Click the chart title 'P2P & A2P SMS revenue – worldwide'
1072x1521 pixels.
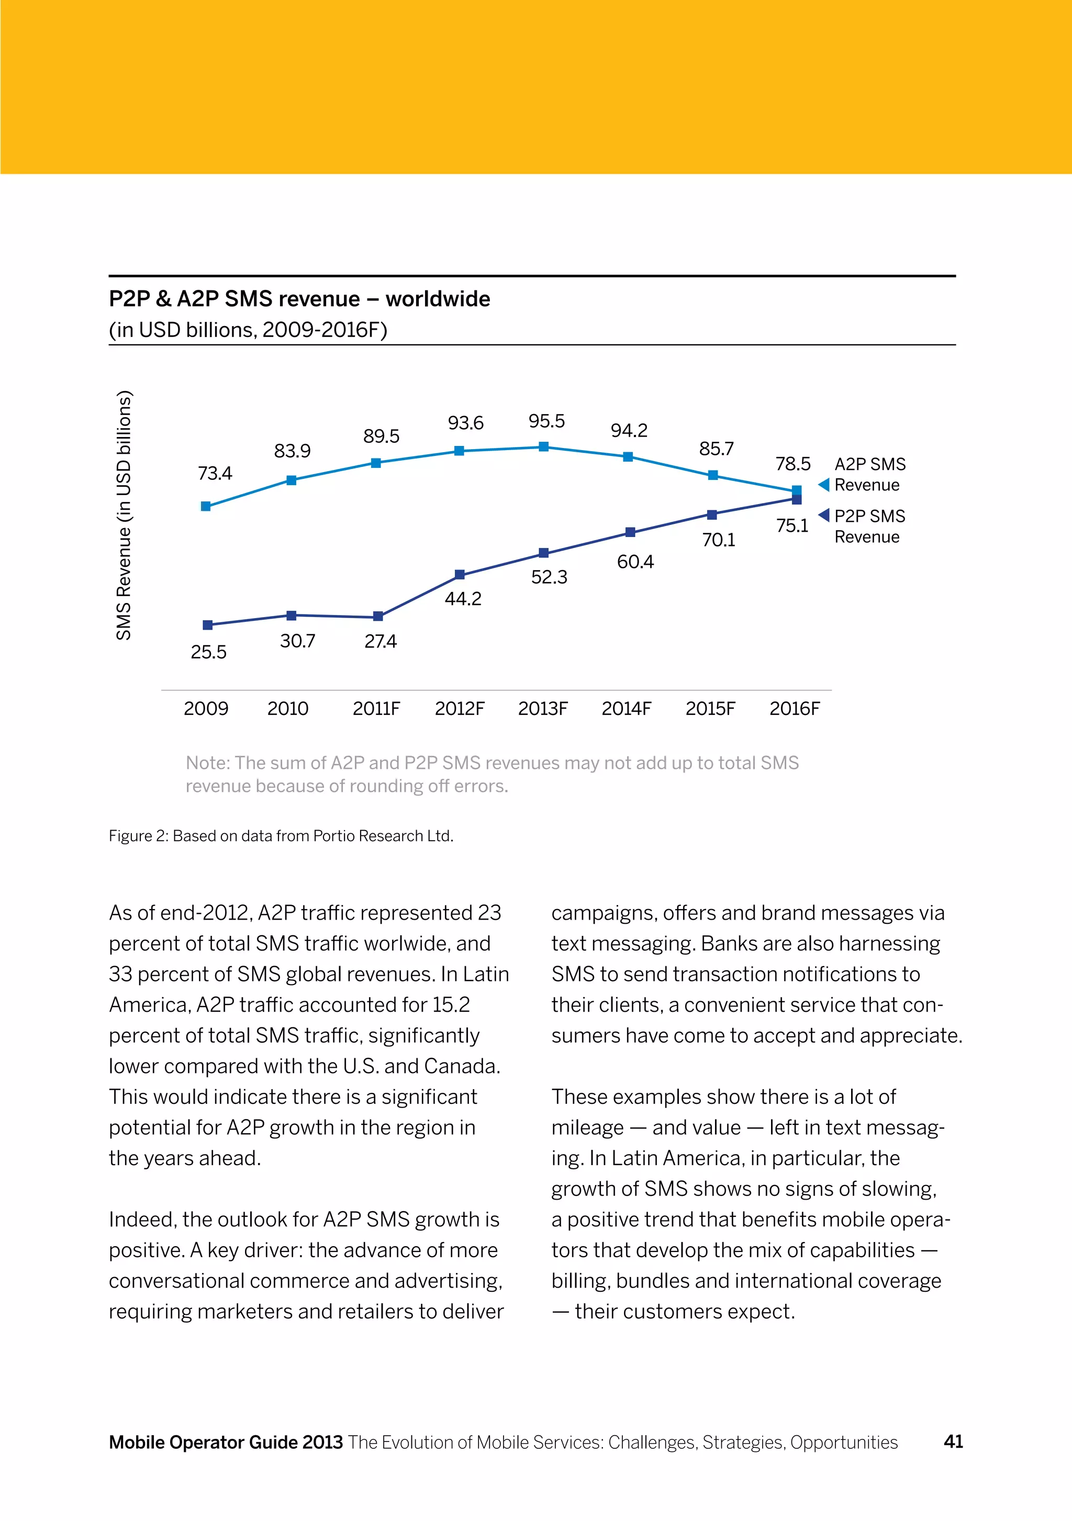point(299,299)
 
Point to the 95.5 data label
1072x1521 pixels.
point(546,421)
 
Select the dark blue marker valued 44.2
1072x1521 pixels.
point(460,574)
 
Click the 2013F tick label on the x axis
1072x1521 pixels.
point(543,709)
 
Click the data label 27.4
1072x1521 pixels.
point(381,641)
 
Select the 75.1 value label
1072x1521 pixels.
point(792,526)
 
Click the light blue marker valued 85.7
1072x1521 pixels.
point(713,475)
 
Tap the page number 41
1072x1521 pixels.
point(953,1441)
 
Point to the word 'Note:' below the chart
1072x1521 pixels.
point(207,763)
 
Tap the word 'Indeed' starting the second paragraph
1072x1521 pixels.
point(142,1220)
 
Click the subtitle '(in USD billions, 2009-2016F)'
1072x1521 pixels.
point(248,329)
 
